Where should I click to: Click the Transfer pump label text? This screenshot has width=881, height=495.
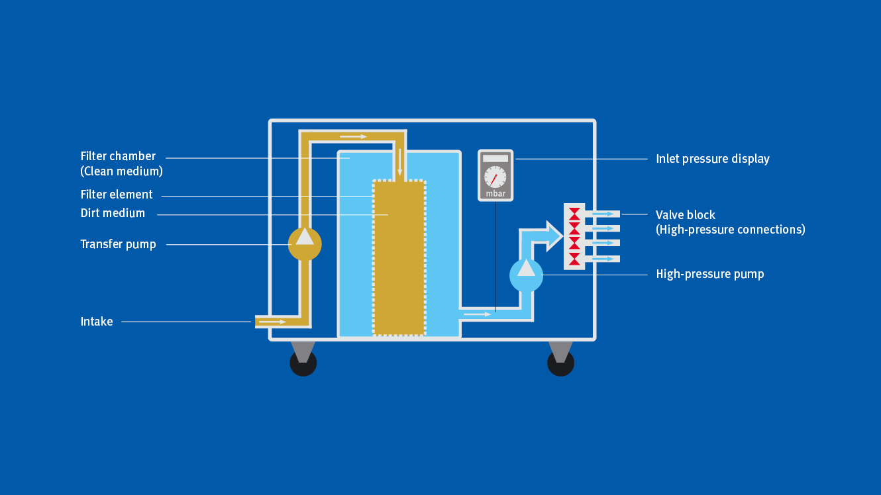(118, 244)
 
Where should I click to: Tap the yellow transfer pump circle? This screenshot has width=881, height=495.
(305, 244)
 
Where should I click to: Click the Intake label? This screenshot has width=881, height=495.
(97, 322)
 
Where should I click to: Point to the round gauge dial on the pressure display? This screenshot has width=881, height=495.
(495, 177)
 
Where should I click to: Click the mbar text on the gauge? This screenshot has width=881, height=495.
(495, 194)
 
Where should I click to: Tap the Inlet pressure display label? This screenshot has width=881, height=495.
(713, 159)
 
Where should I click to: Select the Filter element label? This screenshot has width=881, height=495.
(117, 195)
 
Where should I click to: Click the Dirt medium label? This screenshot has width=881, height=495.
(113, 213)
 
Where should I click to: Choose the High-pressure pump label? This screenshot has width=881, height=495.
(710, 274)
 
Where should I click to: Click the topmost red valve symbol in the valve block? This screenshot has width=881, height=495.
(574, 213)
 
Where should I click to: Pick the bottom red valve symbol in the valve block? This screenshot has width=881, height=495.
(574, 258)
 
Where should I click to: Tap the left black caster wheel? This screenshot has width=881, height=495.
(303, 363)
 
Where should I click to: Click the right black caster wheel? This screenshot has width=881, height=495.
(560, 363)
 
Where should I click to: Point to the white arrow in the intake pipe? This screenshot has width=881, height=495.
(272, 322)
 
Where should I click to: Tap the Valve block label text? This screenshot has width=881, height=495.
(686, 215)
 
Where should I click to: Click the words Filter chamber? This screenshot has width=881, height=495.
(118, 156)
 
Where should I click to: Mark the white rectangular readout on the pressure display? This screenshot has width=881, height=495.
(495, 159)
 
